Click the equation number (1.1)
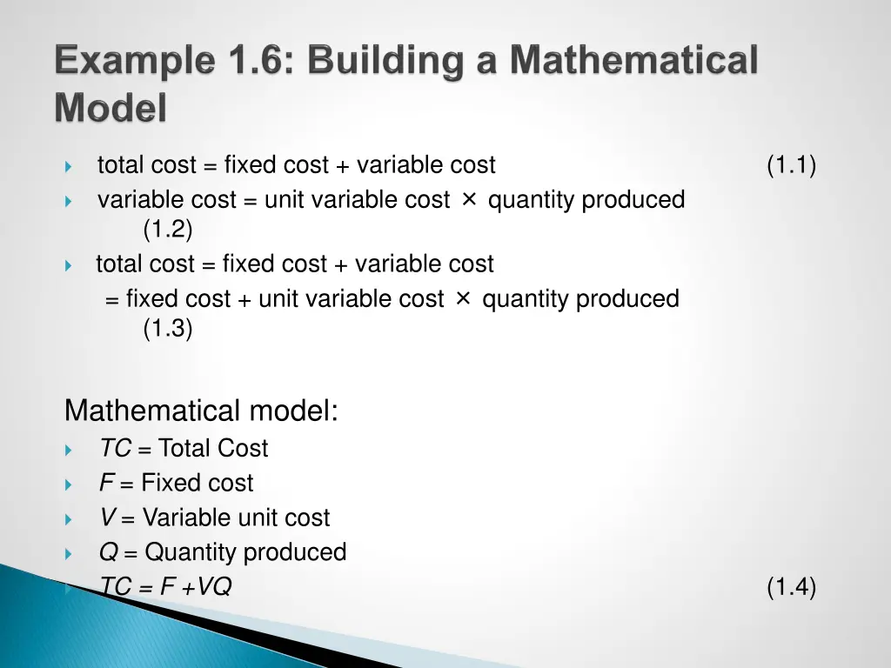point(791,164)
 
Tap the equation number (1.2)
point(168,230)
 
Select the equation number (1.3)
point(168,329)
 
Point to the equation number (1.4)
point(791,587)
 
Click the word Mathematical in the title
point(633,62)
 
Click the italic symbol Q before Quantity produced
point(108,552)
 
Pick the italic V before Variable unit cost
point(107,518)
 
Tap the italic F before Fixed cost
point(105,483)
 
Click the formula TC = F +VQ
point(165,587)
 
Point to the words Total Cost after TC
point(213,448)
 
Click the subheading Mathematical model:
point(201,410)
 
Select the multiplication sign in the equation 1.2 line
point(468,199)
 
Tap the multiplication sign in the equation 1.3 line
point(463,298)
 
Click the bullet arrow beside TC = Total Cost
point(69,450)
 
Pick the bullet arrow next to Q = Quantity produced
point(69,554)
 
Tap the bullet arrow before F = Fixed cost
point(69,484)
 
